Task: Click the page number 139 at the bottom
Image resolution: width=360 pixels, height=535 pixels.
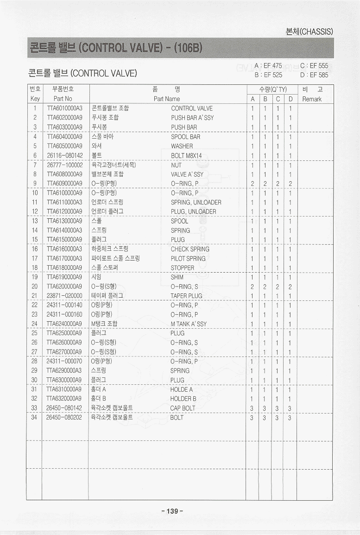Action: click(172, 511)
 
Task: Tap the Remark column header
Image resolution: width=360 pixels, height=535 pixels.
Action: click(311, 99)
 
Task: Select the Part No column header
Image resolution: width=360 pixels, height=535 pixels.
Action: click(63, 99)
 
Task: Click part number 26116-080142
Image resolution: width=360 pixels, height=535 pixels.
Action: click(64, 156)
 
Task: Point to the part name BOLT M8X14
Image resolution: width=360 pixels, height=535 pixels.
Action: click(186, 156)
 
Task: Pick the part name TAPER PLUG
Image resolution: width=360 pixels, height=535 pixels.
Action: click(186, 296)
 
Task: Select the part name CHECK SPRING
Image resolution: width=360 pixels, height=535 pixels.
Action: click(190, 249)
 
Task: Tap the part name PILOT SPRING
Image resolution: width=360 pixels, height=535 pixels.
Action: click(188, 259)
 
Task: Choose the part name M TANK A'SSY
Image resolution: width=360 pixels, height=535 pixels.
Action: click(189, 324)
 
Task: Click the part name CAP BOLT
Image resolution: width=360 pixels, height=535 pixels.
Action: click(183, 408)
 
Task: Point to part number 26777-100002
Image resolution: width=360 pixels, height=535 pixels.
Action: click(64, 165)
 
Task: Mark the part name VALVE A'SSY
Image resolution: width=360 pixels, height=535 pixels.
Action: click(187, 174)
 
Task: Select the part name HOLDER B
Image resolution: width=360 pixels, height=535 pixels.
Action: click(183, 399)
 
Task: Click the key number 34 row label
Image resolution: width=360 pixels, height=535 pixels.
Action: click(34, 417)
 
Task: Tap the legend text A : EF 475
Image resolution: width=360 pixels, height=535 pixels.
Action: click(268, 66)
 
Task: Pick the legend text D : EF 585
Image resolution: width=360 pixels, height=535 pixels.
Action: click(314, 75)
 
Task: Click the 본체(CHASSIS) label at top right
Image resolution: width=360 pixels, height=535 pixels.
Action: click(310, 32)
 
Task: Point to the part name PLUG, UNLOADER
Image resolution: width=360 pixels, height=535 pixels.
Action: click(193, 212)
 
